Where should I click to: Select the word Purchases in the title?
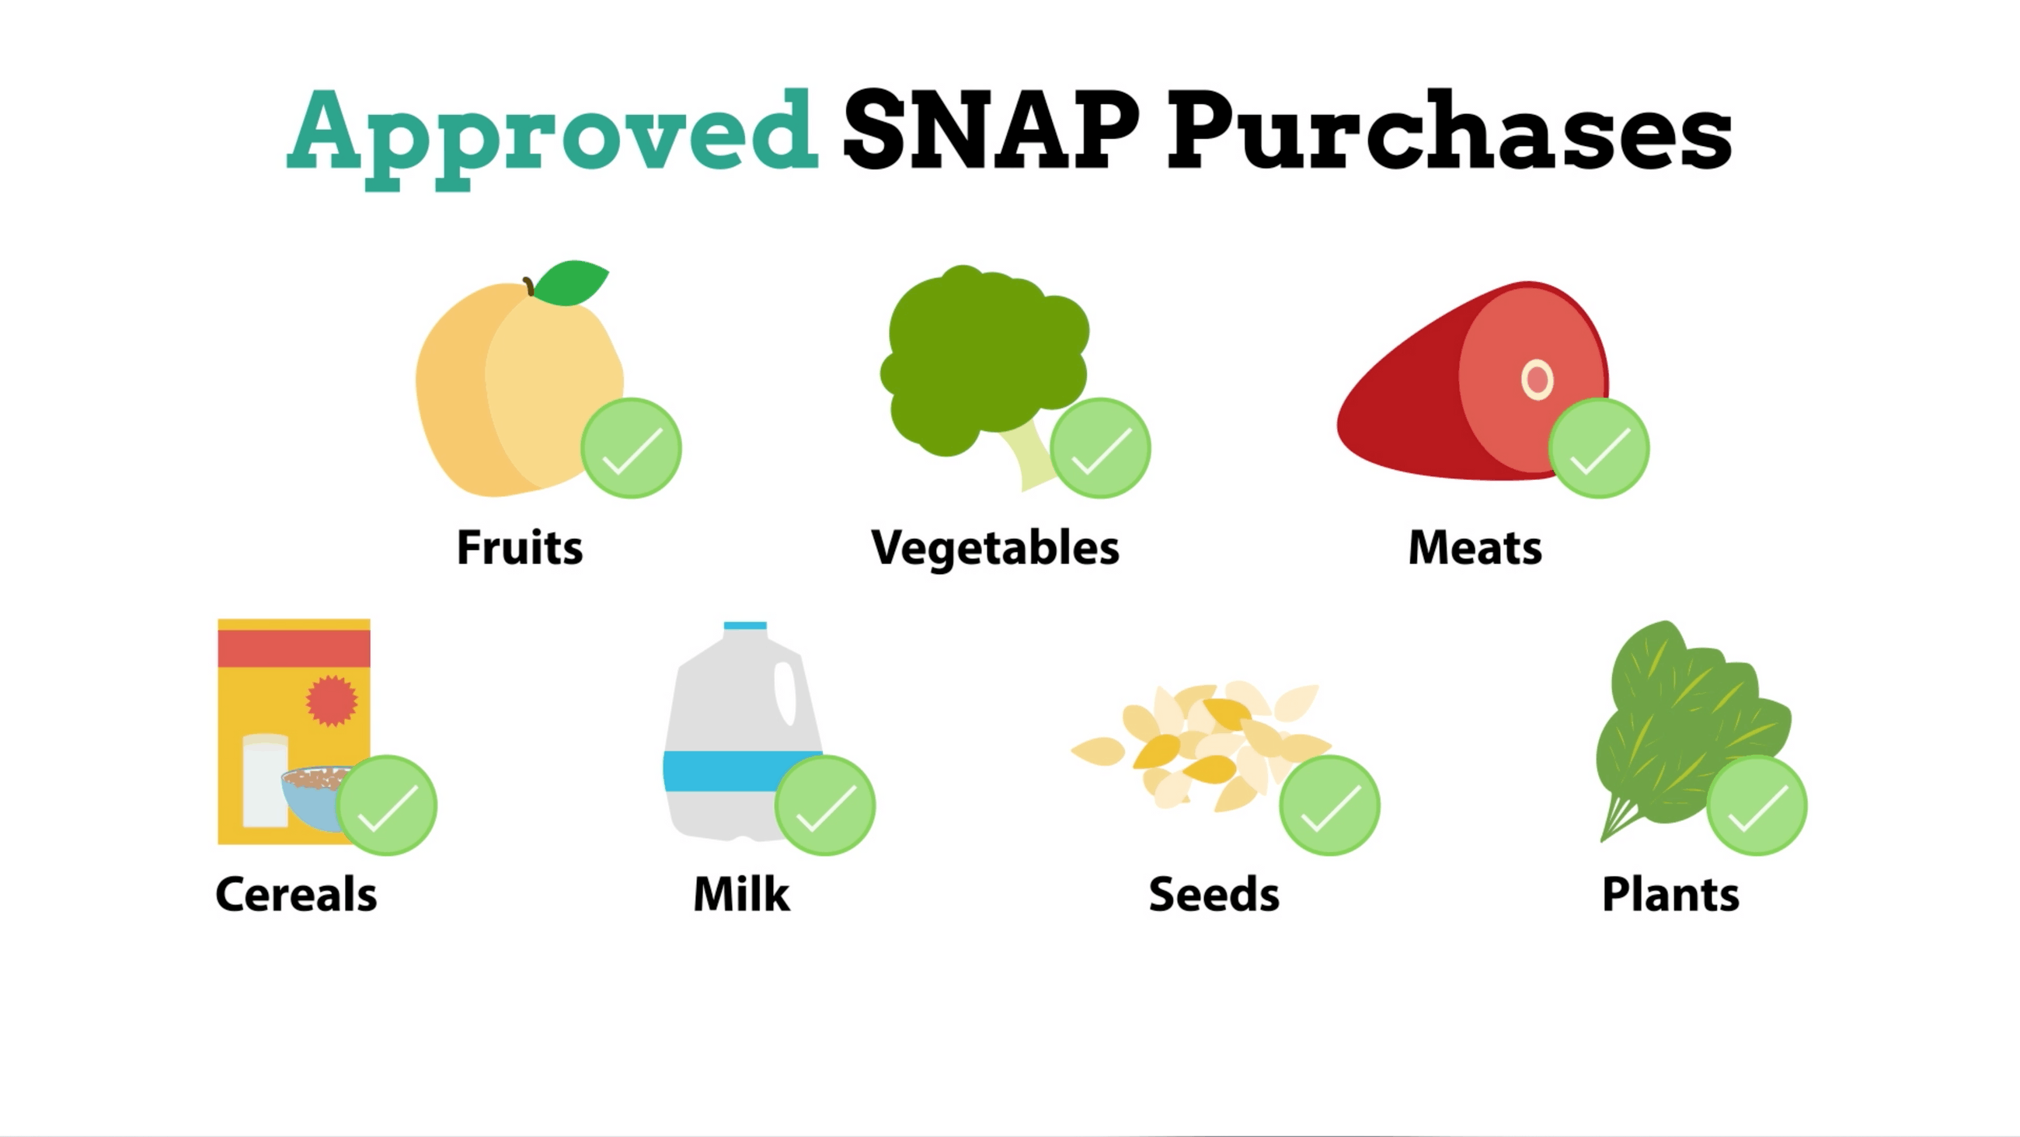click(1449, 130)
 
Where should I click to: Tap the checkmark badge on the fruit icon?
click(630, 449)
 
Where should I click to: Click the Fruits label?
click(520, 548)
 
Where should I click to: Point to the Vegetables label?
click(995, 548)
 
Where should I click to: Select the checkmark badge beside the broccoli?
click(1100, 449)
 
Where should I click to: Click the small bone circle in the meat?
click(1536, 380)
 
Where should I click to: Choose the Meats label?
click(1475, 548)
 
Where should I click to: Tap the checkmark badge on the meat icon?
click(1599, 449)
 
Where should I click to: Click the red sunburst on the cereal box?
click(331, 701)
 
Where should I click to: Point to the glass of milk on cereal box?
click(265, 781)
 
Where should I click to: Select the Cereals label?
click(297, 895)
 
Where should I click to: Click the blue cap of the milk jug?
click(745, 626)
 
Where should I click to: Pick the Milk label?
click(742, 895)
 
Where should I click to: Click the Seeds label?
click(1214, 895)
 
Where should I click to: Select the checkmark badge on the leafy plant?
click(1757, 805)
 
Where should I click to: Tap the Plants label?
click(1670, 895)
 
